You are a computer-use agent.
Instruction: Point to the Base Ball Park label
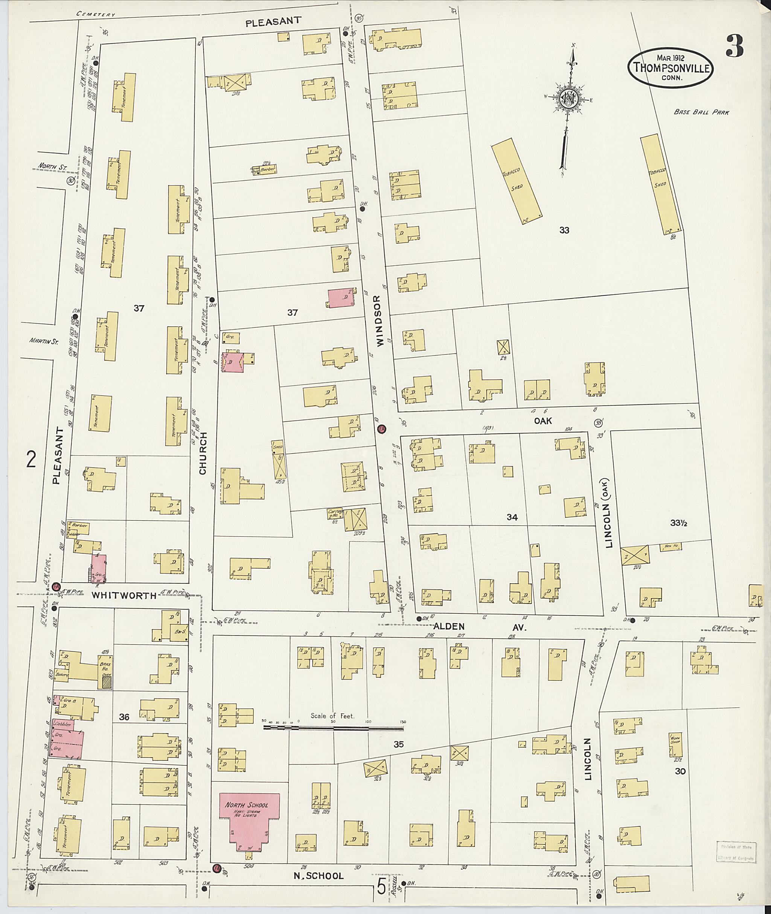point(701,112)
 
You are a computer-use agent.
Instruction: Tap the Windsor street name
point(378,321)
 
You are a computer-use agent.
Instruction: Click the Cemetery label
point(96,14)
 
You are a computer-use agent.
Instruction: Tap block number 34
point(512,517)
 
